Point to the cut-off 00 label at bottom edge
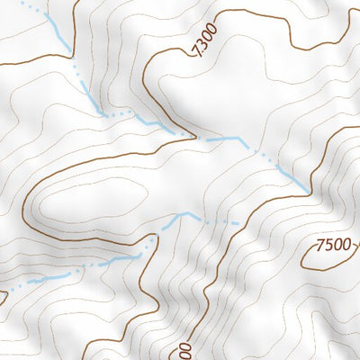pyautogui.click(x=184, y=349)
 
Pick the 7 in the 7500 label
pyautogui.click(x=320, y=246)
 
